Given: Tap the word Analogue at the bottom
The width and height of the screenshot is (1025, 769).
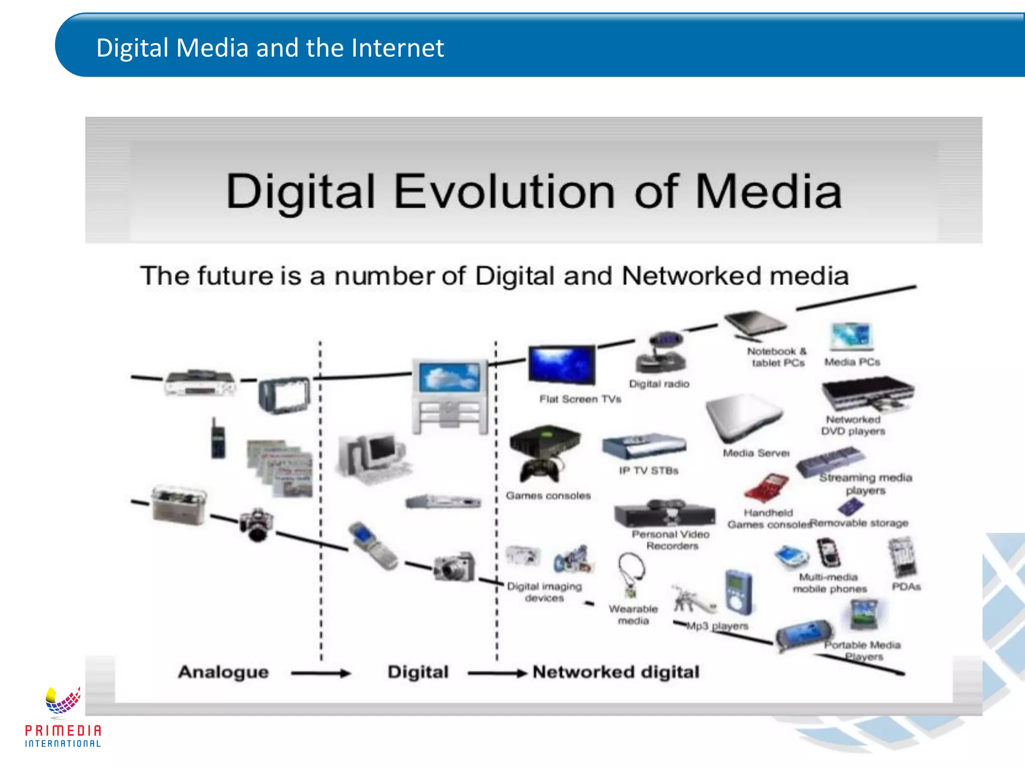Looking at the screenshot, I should pos(223,672).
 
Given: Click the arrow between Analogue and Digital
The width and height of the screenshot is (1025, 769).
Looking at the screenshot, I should pos(320,673).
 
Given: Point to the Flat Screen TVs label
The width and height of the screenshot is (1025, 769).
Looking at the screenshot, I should pos(580,399).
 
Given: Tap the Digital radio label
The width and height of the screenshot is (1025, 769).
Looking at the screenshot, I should pos(659,384).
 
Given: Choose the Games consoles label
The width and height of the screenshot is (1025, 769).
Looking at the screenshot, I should pos(548,496).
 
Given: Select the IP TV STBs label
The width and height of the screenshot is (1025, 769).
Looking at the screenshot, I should pos(649,471).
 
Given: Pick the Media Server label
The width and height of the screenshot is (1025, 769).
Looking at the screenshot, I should pos(756,453).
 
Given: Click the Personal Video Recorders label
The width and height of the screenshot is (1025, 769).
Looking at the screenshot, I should pos(671,540).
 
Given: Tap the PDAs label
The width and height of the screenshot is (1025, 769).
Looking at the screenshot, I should pos(906,586).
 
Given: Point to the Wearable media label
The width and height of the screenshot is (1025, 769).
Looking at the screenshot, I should pos(633,615).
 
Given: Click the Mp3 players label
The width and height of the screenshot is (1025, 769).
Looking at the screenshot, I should pos(717,626).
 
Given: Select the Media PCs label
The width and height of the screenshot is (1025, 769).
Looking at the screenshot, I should pos(852,362).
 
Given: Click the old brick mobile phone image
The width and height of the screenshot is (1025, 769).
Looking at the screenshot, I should pos(217,438).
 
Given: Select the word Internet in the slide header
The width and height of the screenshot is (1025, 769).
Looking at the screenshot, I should pos(397,48).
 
